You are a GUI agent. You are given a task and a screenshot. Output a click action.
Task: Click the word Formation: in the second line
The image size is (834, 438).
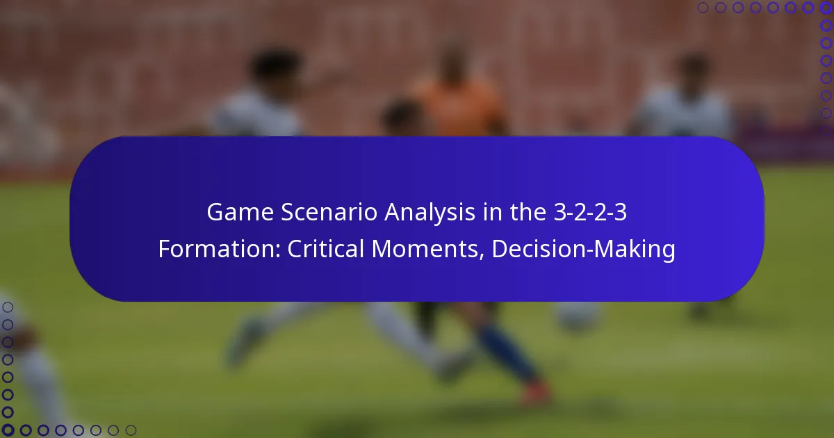click(219, 250)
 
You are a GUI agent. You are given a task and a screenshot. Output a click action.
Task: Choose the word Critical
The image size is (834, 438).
click(327, 250)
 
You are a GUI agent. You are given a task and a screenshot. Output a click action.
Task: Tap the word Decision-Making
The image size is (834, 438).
click(583, 250)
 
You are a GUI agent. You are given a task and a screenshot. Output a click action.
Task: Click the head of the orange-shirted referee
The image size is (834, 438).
click(452, 59)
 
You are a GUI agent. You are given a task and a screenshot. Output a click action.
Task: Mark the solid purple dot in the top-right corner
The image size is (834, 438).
click(826, 8)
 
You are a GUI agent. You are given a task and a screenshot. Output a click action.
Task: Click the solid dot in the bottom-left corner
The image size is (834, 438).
click(8, 430)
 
